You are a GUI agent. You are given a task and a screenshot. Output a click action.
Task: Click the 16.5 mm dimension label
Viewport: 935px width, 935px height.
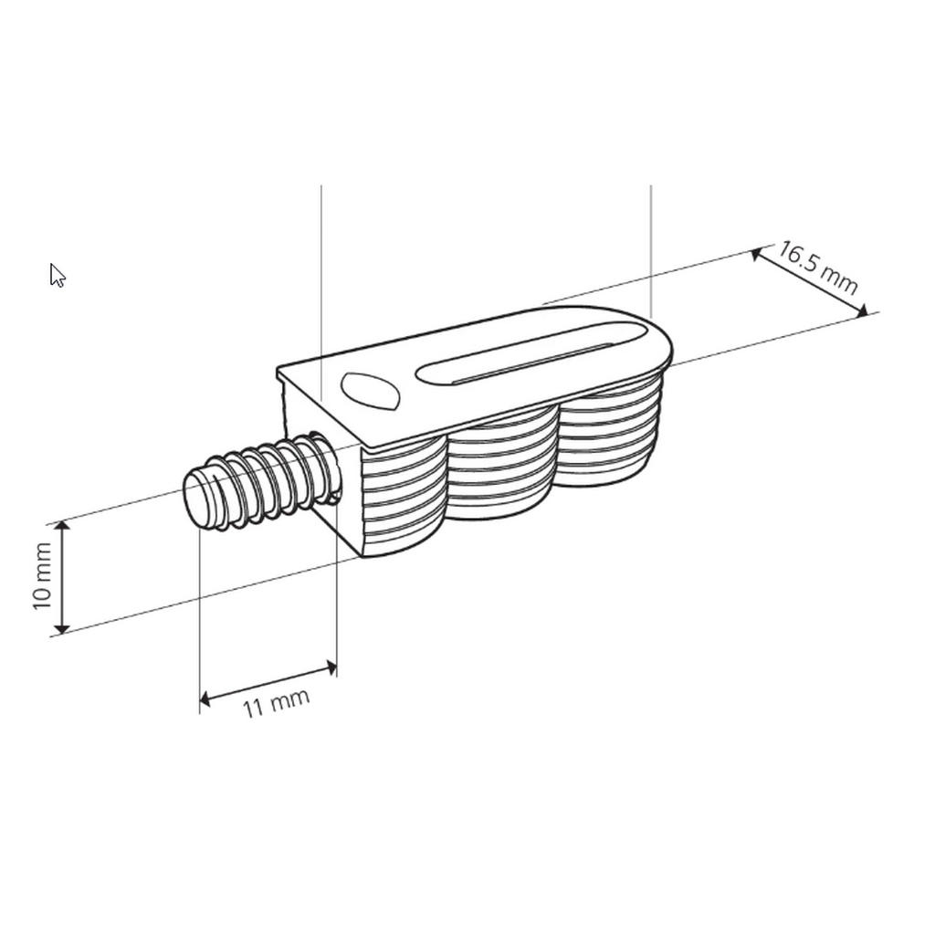[x=818, y=268]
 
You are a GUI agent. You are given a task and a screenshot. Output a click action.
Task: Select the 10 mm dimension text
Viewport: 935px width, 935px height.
[x=42, y=576]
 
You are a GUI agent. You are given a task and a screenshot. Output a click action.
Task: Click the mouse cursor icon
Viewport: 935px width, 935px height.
[x=58, y=276]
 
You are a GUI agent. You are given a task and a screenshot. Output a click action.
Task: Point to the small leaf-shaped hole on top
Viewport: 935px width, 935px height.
[x=370, y=391]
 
